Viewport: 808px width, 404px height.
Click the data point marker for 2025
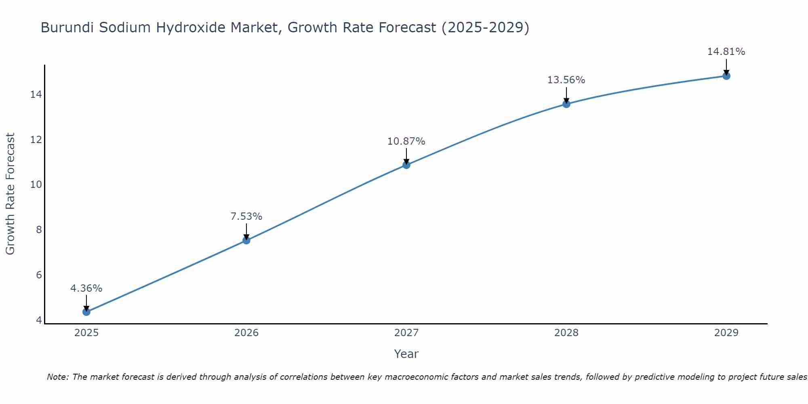pos(86,312)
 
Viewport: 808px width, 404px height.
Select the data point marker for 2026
pos(246,240)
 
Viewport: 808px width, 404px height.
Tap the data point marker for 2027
pos(406,165)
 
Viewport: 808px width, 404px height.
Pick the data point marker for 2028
pos(566,104)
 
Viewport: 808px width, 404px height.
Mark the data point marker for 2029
pos(726,76)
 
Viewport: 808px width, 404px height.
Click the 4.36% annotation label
pos(86,288)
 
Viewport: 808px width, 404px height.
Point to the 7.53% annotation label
pos(246,217)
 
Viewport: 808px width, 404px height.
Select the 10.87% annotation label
pos(406,141)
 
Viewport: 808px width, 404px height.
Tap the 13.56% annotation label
pos(566,80)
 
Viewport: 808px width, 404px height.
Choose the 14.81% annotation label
pos(726,52)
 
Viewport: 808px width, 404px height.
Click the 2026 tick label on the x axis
pos(246,333)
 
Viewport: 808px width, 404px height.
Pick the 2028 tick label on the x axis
pos(566,333)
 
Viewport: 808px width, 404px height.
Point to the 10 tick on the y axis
pos(36,185)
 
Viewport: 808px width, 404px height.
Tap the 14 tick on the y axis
pos(36,95)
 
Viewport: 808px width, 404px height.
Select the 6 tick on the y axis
pos(39,275)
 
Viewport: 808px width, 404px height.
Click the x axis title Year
pos(406,354)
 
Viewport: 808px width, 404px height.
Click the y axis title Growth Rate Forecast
pos(10,194)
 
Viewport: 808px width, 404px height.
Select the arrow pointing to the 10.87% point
pos(406,156)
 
